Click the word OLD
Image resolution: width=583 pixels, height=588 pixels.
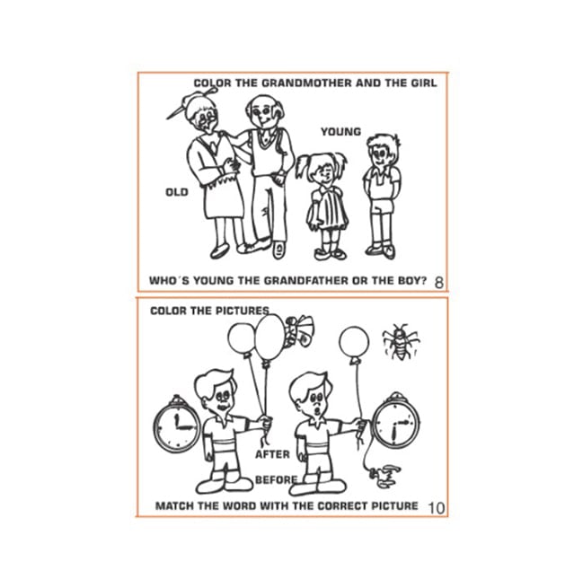[x=177, y=192]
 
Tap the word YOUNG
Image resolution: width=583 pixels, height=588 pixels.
[x=340, y=132]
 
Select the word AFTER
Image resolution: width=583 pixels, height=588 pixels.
[x=272, y=454]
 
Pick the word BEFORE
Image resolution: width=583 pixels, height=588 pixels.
[x=276, y=479]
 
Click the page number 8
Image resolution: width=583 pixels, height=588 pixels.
[x=438, y=283]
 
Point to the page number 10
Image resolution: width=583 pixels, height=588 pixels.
[x=437, y=508]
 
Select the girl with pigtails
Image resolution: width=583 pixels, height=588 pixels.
[x=324, y=206]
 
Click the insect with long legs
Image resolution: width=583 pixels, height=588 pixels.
[x=401, y=342]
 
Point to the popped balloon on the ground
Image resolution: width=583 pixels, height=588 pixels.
[x=384, y=476]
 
